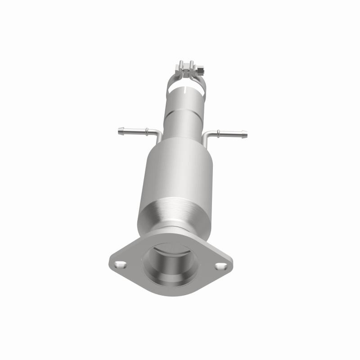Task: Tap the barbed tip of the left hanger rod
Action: [x=120, y=130]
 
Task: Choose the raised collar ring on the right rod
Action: [x=218, y=133]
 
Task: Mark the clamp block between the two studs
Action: [x=186, y=71]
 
